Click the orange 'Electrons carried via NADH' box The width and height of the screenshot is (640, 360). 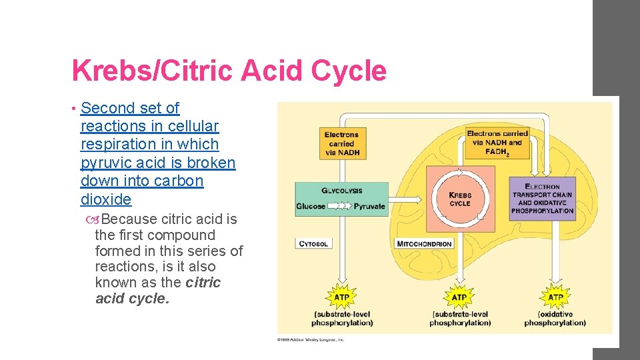point(341,143)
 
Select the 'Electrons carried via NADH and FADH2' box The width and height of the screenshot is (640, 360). point(497,142)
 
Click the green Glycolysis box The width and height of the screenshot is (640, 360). point(341,199)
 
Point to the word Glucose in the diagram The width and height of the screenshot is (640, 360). point(311,207)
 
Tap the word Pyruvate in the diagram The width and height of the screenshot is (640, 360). point(369,207)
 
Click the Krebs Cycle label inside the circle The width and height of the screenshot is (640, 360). point(460,199)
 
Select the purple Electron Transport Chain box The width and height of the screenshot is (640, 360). point(542,199)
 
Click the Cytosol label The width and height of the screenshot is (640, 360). point(313,244)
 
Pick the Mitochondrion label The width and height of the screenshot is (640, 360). point(424,244)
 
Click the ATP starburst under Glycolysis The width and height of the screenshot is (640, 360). point(341,297)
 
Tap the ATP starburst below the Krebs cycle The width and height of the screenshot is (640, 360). point(459,297)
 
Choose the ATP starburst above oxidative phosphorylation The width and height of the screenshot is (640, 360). point(555,297)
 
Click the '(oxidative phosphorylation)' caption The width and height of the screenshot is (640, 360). point(555,319)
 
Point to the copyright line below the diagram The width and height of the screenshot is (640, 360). point(311,340)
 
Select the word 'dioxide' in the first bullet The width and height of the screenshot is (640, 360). point(105,199)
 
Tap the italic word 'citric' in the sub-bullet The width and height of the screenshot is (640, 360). point(203,283)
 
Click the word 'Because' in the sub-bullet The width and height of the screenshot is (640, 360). point(129,219)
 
